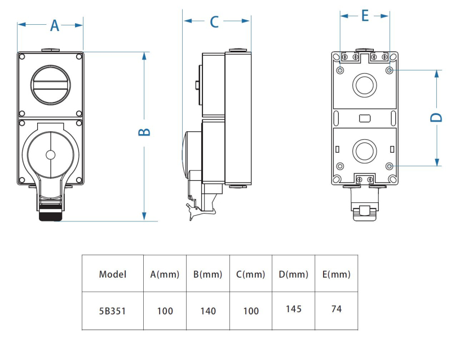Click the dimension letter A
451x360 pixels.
[x=55, y=25]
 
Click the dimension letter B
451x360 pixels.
[x=144, y=132]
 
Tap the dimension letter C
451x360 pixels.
[x=214, y=22]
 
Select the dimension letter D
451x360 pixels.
[x=436, y=117]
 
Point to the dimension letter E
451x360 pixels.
[x=365, y=16]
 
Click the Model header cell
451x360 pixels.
[x=113, y=274]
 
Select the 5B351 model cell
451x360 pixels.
[x=113, y=310]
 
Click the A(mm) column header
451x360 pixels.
[x=165, y=274]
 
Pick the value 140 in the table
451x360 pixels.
[x=208, y=310]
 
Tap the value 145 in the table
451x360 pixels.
[x=294, y=309]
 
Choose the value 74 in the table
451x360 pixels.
[x=337, y=309]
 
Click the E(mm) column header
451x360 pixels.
[x=337, y=274]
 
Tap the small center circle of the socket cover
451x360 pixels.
[x=50, y=154]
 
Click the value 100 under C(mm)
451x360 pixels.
[x=251, y=310]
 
